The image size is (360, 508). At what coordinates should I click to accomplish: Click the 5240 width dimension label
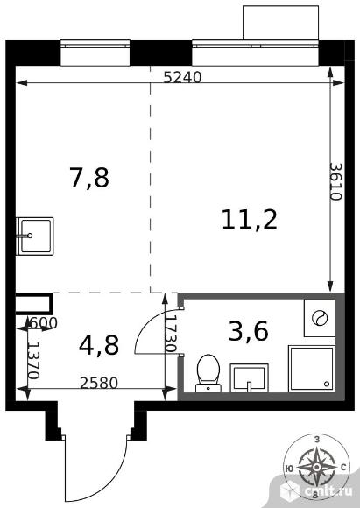[182, 77]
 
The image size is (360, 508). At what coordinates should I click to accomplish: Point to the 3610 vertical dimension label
[335, 181]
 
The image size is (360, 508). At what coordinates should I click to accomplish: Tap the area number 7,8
[89, 178]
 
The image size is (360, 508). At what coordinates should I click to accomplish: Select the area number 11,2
[250, 220]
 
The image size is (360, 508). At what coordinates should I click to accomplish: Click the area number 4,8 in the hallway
[99, 345]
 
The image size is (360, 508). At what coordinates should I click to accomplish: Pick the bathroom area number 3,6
[249, 332]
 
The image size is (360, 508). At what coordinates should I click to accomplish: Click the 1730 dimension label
[171, 334]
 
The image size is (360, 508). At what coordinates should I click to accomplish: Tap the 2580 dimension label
[99, 384]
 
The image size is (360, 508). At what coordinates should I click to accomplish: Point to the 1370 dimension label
[33, 361]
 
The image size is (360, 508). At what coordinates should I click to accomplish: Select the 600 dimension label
[43, 322]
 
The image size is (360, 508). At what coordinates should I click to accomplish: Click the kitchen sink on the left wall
[35, 236]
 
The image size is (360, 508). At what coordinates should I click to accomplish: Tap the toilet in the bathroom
[208, 373]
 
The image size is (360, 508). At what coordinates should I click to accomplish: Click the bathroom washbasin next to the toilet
[249, 378]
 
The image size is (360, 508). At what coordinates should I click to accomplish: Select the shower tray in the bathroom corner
[312, 369]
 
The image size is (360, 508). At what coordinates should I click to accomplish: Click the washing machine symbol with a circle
[320, 318]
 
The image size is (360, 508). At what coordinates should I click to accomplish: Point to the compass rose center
[316, 467]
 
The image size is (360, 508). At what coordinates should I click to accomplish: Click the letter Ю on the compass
[289, 468]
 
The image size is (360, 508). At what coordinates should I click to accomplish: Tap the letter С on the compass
[344, 467]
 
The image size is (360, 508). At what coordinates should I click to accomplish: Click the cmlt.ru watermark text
[328, 491]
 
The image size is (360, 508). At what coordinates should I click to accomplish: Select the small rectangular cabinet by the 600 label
[34, 304]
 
